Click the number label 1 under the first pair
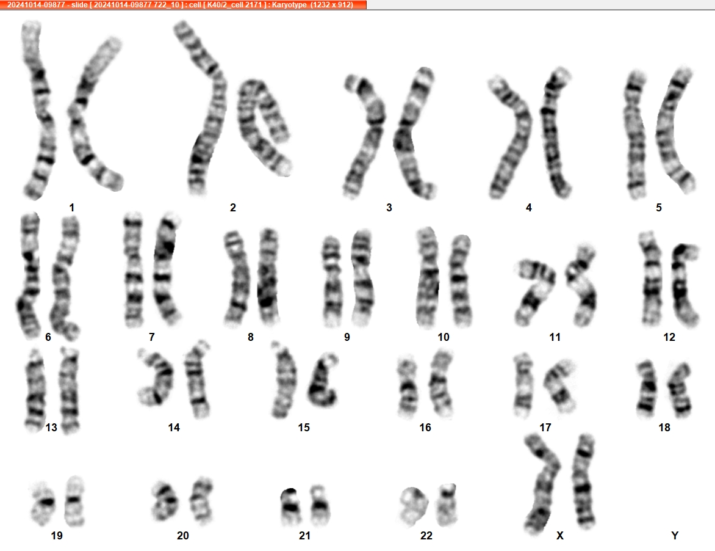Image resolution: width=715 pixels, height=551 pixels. pyautogui.click(x=71, y=208)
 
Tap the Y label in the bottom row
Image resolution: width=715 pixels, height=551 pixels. pyautogui.click(x=675, y=536)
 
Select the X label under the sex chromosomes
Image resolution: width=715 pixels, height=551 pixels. pyautogui.click(x=560, y=536)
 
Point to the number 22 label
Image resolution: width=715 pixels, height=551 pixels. pyautogui.click(x=426, y=536)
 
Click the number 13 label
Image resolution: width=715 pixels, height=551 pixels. pyautogui.click(x=51, y=427)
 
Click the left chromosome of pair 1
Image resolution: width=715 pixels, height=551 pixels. pyautogui.click(x=39, y=109)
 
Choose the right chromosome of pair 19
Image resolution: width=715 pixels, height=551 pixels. pyautogui.click(x=74, y=502)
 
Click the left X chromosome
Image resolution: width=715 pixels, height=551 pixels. pyautogui.click(x=542, y=484)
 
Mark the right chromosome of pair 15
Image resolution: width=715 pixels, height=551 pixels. pyautogui.click(x=323, y=381)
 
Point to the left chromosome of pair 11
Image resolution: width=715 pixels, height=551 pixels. pyautogui.click(x=534, y=292)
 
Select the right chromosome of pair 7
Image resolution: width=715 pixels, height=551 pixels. pyautogui.click(x=166, y=269)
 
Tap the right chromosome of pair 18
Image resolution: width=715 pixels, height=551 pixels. pyautogui.click(x=680, y=388)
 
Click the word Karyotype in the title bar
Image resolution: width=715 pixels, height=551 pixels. pyautogui.click(x=290, y=4)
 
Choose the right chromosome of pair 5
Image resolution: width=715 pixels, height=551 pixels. pyautogui.click(x=675, y=130)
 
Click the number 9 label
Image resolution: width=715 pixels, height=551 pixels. pyautogui.click(x=347, y=337)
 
